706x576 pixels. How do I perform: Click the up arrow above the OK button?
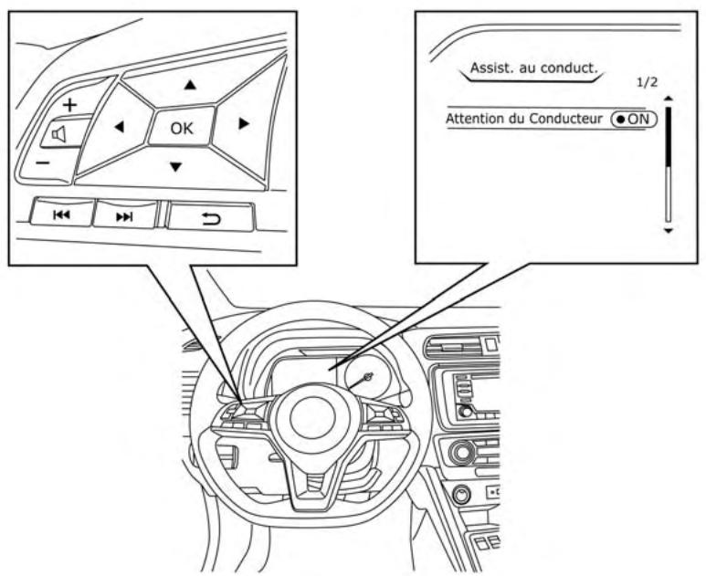click(190, 85)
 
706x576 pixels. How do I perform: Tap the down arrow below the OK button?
click(176, 167)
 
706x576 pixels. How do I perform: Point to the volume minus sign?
click(42, 161)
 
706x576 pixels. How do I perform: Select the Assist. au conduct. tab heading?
click(532, 68)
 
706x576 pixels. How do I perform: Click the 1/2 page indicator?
click(647, 82)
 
